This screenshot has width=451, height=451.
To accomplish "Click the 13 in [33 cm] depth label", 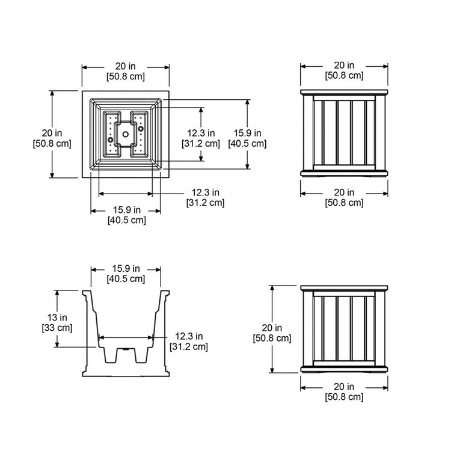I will pos(57,322).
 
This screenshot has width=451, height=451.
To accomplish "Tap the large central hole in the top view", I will pos(126,133).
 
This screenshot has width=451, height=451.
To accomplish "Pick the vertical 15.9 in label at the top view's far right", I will pos(247,138).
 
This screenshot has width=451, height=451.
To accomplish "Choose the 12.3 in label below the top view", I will pos(205,197).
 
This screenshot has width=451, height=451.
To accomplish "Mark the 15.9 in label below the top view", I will pos(126,215).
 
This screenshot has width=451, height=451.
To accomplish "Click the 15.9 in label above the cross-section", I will pos(126,273).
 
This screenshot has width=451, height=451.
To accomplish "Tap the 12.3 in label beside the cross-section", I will pos(189,341).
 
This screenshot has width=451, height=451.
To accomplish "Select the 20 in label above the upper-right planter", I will pos(344,70).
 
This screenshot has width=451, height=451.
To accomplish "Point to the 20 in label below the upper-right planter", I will pos(344,197).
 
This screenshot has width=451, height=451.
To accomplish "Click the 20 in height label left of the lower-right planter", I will pos(271,333).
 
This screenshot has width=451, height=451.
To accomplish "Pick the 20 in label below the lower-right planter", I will pos(344,391).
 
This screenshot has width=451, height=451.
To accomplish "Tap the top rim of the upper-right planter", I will pos(344,93).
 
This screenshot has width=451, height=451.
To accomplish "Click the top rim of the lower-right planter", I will pos(344,288).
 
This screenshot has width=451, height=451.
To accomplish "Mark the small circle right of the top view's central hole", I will pos(141,128).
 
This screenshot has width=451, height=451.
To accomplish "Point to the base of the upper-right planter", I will pos(344,173).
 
